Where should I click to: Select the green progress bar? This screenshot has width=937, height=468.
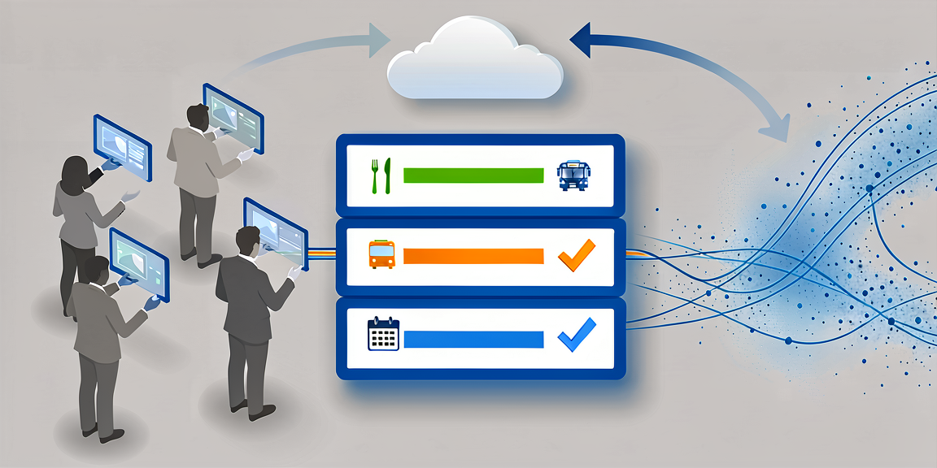(x=473, y=175)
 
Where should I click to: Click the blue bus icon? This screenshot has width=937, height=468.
(x=573, y=175)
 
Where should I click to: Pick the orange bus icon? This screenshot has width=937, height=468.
(x=381, y=254)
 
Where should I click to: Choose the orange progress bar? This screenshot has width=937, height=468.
(x=473, y=256)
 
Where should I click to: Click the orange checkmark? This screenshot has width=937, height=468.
(x=576, y=255)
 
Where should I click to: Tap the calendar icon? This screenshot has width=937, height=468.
(x=383, y=334)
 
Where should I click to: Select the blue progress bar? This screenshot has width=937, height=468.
(x=473, y=339)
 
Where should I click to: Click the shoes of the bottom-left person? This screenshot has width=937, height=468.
(x=102, y=432)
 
